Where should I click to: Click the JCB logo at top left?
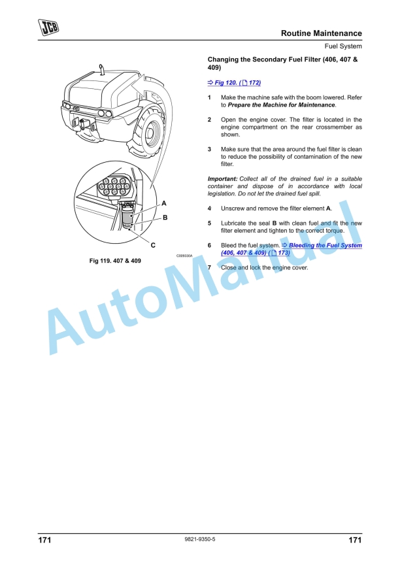tap(48, 27)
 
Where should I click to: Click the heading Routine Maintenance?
tap(321, 33)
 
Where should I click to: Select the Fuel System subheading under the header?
tap(343, 46)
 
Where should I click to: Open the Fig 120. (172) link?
tap(233, 83)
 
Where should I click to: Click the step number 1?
tap(209, 97)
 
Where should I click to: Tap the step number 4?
tap(209, 208)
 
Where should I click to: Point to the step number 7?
tap(209, 267)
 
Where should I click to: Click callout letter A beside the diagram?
tap(164, 203)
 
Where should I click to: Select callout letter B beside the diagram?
tap(165, 216)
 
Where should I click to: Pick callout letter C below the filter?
tap(152, 245)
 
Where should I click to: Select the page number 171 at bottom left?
tap(44, 541)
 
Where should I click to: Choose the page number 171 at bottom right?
tap(354, 541)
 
